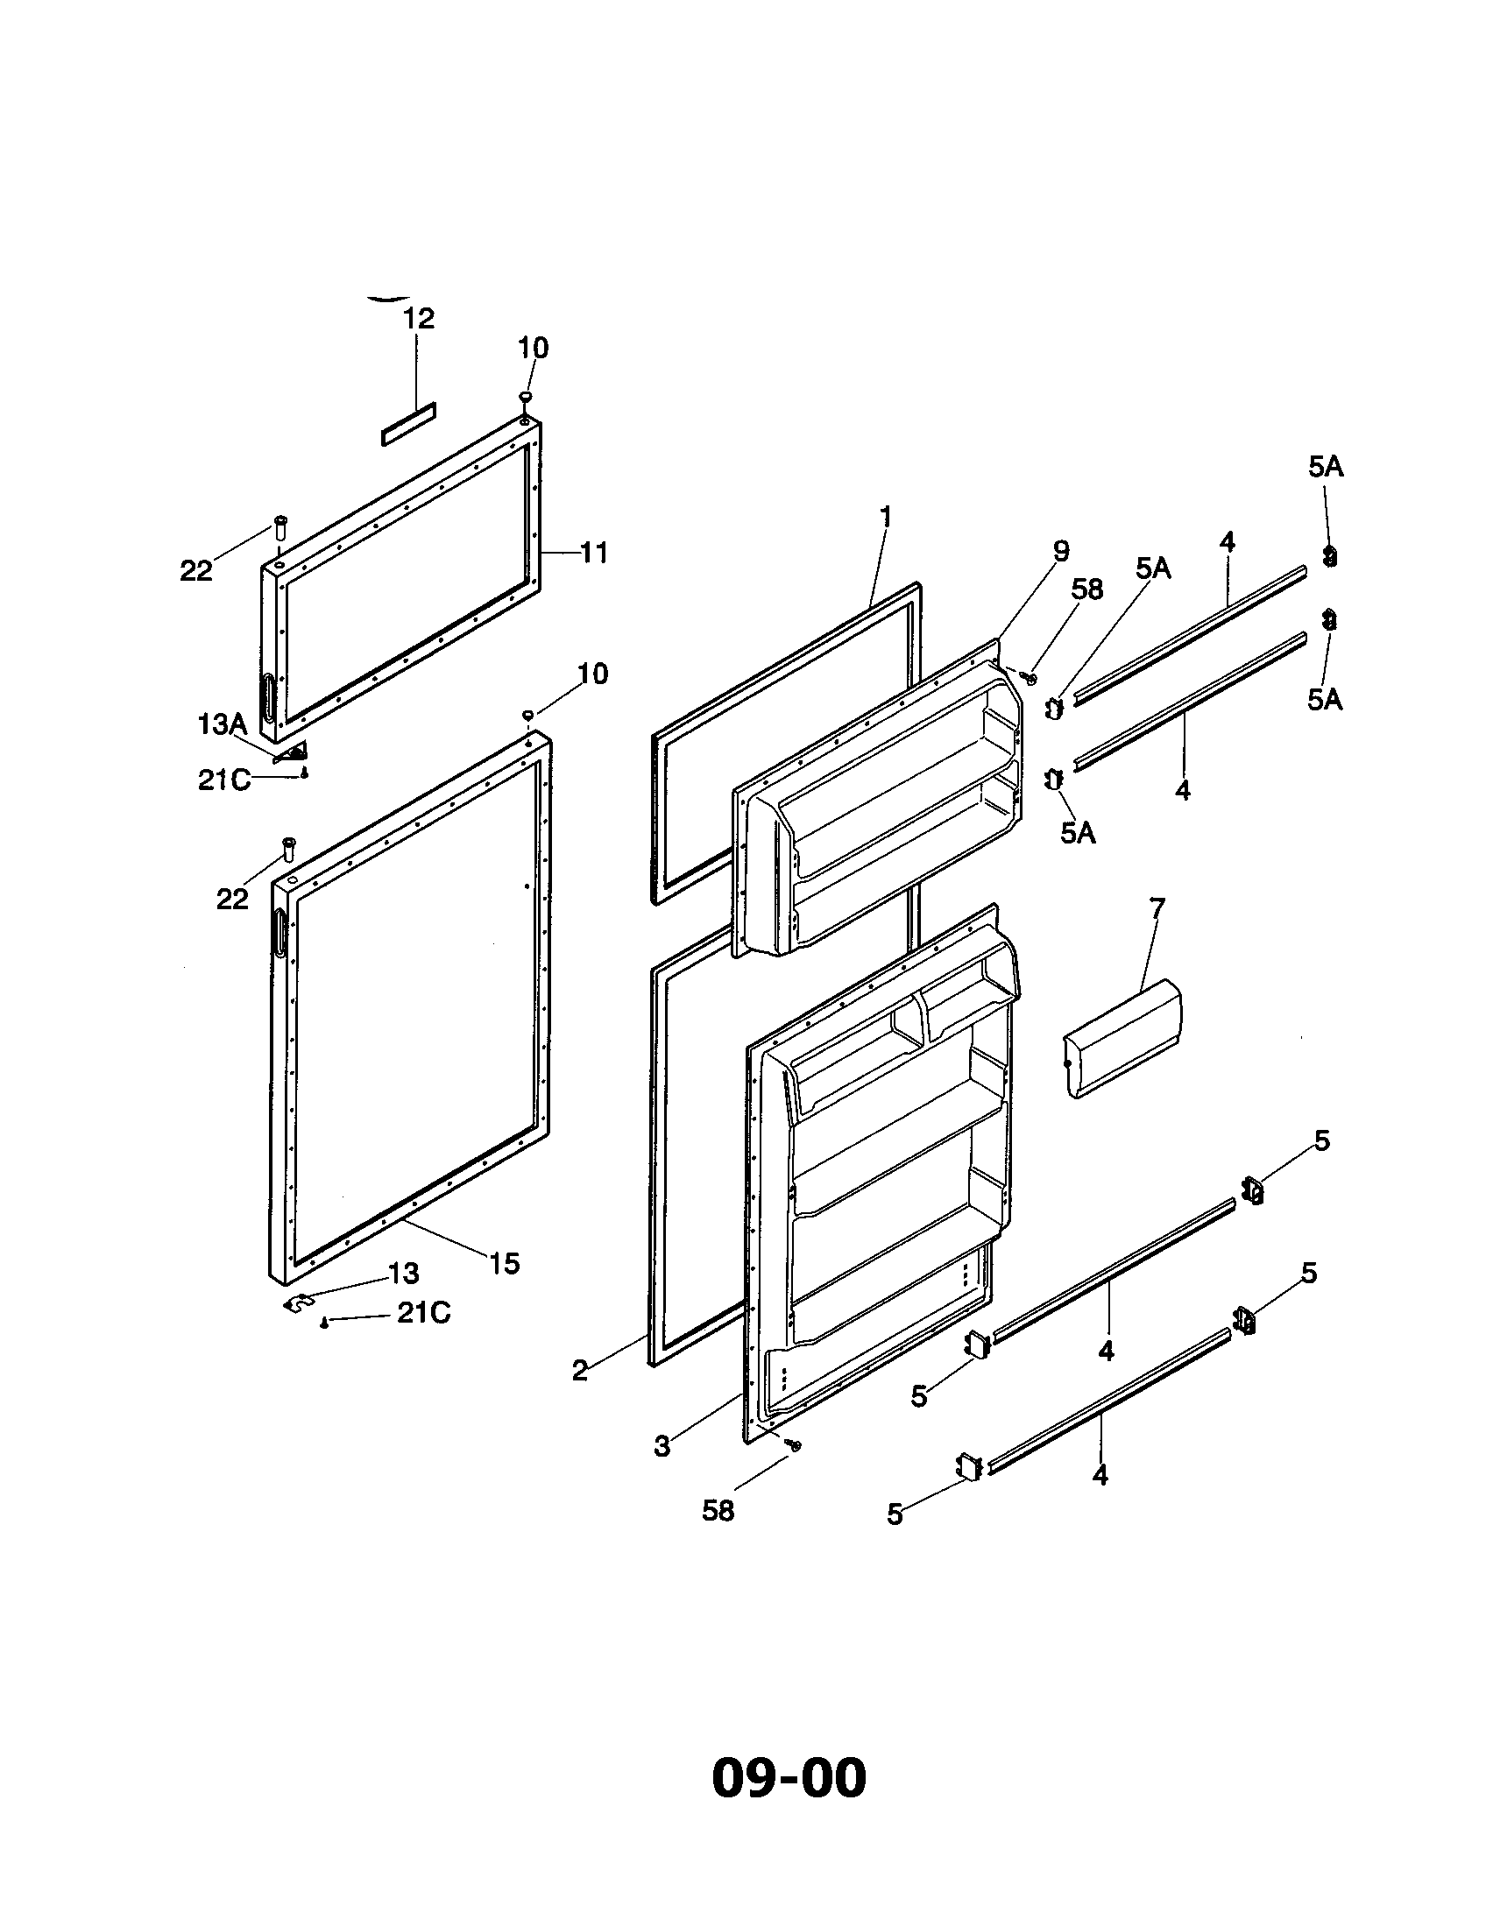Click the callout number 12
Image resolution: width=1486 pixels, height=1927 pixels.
coord(419,319)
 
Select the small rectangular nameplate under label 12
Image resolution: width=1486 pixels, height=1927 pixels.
coord(408,425)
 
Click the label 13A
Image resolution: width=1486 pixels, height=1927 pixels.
coord(222,725)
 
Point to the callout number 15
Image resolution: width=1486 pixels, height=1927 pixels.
coord(505,1263)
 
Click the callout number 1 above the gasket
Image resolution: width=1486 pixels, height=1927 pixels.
coord(886,516)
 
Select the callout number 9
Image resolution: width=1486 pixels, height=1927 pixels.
coord(1061,552)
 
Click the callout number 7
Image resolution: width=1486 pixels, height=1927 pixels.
coord(1157,907)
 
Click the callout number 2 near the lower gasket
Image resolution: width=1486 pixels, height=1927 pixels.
coord(580,1370)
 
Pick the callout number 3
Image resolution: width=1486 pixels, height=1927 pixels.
coord(662,1446)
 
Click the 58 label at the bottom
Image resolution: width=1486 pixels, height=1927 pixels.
coord(718,1511)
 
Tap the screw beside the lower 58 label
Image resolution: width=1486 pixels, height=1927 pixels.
coord(796,1445)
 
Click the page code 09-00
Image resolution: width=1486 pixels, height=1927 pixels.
coord(788,1777)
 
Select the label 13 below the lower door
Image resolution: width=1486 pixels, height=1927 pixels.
coord(404,1274)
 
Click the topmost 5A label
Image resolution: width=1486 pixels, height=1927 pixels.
coord(1326,467)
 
